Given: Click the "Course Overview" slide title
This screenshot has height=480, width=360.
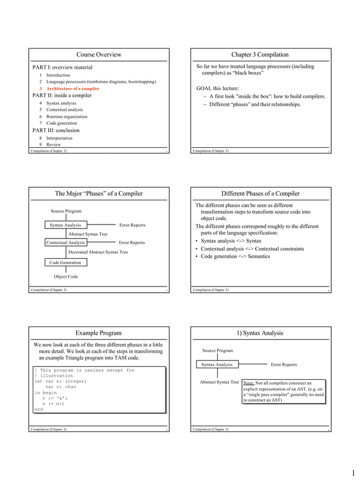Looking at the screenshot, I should pos(99,55).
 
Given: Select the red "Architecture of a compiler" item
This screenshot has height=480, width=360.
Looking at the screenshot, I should pos(73,89).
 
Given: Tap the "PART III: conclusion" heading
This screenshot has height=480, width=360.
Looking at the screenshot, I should pos(56,130).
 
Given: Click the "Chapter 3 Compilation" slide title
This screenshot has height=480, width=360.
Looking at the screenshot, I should pos(260,55).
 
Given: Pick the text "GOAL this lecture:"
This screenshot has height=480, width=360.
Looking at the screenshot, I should pos(217,88).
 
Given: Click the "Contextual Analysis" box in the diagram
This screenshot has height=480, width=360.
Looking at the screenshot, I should pos(65,243).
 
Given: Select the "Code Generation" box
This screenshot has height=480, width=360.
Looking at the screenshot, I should pos(65,262).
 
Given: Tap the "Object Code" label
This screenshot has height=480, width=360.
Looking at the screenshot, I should pos(65,276).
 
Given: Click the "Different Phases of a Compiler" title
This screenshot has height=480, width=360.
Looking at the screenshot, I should pos(260,193).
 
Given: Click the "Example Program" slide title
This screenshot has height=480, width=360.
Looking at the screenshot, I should pos(99,333).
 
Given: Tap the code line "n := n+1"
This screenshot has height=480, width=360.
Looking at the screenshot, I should pos(54,404).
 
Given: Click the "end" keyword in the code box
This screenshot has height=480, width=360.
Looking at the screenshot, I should pos(38,409).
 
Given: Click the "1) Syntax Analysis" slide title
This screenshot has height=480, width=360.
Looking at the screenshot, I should pos(260,333).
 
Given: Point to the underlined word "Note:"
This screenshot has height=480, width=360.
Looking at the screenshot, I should pos(249,382).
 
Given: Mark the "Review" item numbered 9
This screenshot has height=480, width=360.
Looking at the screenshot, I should pos(54,144).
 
